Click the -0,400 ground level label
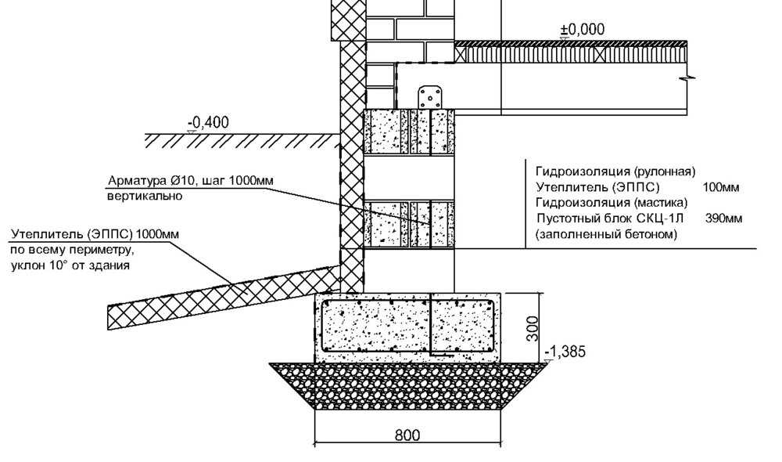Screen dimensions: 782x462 (x=208, y=122)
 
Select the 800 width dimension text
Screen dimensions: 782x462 (x=407, y=435)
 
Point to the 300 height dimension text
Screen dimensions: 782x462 (x=533, y=328)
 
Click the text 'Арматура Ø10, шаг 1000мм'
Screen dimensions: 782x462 (x=191, y=180)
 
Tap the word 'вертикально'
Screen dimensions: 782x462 (x=145, y=196)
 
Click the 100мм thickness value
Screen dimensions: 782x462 (x=721, y=188)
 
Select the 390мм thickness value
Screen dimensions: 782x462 (x=723, y=218)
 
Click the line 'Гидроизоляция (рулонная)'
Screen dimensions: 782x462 (x=615, y=171)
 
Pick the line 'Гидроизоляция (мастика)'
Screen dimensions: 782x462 (x=612, y=203)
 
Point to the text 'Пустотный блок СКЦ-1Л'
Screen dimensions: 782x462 (x=610, y=218)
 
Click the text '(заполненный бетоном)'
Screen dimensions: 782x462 (x=607, y=234)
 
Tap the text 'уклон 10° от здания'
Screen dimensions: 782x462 (x=70, y=265)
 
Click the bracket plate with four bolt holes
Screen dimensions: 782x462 (x=430, y=97)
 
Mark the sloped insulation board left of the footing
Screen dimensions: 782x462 (x=224, y=298)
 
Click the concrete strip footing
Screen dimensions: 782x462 (x=408, y=327)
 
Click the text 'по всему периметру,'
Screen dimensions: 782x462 (x=72, y=250)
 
